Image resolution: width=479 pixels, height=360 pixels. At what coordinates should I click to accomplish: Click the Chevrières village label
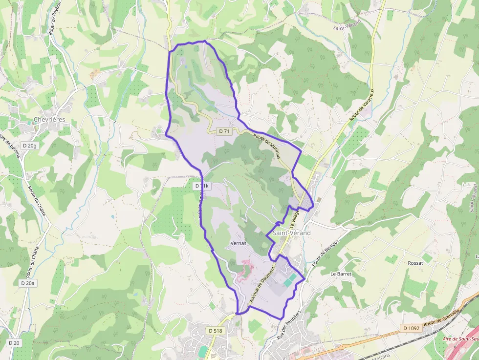[49, 120]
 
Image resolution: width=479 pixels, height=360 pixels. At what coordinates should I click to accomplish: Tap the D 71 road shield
[224, 131]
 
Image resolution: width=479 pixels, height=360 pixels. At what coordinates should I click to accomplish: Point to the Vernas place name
[237, 243]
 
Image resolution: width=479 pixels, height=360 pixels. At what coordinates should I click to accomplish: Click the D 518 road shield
[215, 331]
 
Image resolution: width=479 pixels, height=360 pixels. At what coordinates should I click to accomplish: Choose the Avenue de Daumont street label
[263, 286]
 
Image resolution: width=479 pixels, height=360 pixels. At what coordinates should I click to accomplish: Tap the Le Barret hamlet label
[341, 274]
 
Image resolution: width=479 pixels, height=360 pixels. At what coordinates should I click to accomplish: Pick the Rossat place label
[415, 263]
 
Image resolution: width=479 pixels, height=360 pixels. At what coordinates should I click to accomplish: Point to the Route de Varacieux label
[361, 105]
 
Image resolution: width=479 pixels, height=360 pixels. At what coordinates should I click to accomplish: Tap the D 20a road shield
[28, 283]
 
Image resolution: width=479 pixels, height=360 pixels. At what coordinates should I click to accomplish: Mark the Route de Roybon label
[55, 18]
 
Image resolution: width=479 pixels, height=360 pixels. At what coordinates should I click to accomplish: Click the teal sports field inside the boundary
[289, 280]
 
